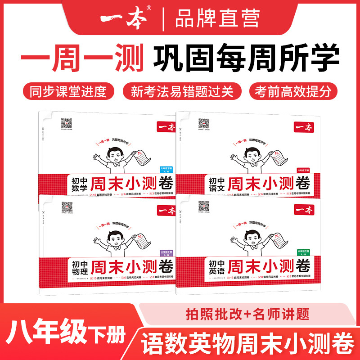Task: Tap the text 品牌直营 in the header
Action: pos(217,19)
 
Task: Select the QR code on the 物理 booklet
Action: pos(67,206)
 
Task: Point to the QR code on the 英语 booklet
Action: pos(204,206)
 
